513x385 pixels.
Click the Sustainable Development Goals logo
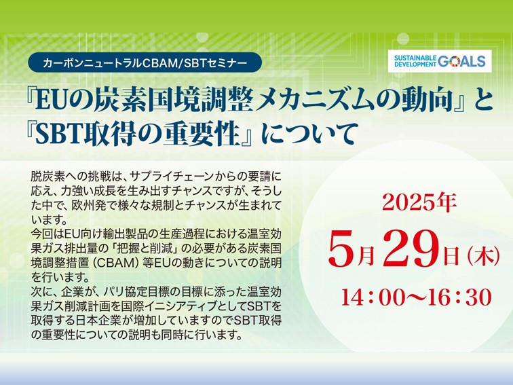[x=440, y=61]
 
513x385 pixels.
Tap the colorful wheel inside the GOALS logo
[x=454, y=61]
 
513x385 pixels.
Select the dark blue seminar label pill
[x=145, y=62]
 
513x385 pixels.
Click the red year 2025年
[x=419, y=202]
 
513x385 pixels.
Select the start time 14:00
[x=368, y=297]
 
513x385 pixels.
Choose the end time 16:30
[x=463, y=297]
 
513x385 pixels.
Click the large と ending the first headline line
[x=481, y=100]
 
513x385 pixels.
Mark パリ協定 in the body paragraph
[x=131, y=291]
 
